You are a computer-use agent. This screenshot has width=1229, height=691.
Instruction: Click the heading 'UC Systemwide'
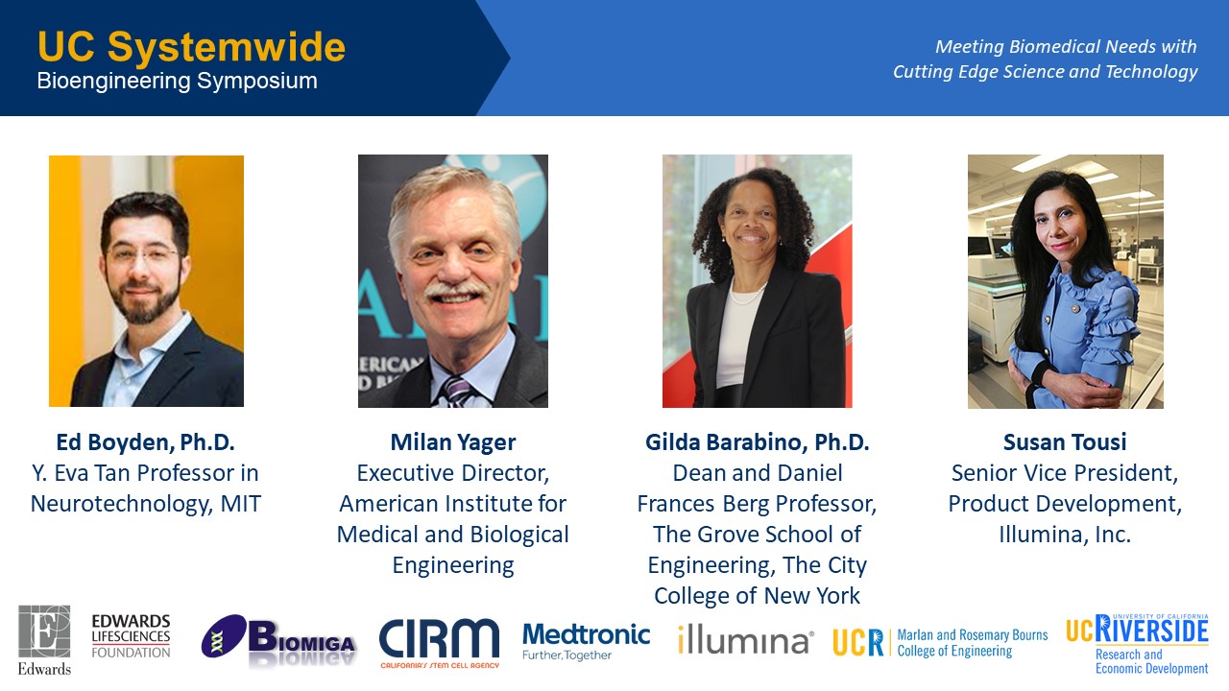(191, 47)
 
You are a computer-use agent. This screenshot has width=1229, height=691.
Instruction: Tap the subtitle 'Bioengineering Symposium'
(178, 82)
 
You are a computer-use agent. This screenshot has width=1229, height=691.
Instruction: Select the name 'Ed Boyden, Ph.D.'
(145, 442)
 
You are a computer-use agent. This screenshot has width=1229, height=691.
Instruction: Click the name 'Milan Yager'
(452, 443)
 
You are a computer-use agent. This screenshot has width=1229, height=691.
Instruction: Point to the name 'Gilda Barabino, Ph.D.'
(758, 442)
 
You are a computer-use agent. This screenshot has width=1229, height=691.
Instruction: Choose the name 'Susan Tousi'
(1065, 442)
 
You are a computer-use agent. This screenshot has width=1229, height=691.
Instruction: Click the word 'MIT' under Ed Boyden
(240, 504)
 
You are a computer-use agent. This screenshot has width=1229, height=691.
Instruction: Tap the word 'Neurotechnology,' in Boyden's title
(121, 505)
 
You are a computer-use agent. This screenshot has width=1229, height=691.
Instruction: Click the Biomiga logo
(278, 638)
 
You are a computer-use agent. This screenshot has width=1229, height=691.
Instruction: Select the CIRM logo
(439, 643)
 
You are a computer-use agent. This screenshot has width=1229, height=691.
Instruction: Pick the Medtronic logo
(586, 641)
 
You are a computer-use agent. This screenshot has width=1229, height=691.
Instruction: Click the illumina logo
(746, 640)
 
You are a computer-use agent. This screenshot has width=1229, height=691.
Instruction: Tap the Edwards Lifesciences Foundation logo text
(131, 636)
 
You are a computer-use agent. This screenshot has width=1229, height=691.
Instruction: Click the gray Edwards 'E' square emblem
(44, 631)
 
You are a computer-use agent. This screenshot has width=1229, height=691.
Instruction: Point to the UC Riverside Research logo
(1137, 644)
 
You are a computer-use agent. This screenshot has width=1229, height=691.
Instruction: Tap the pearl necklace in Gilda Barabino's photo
(748, 294)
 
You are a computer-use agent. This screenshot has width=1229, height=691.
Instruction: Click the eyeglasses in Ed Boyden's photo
(144, 255)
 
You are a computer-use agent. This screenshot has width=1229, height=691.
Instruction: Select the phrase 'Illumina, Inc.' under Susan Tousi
(1065, 535)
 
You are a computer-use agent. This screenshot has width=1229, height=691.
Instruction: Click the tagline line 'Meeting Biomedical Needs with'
(1066, 47)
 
